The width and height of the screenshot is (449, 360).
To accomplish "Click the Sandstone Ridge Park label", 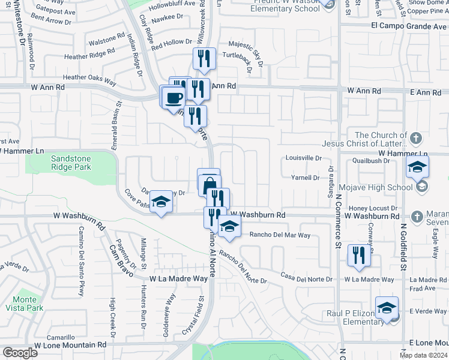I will [x=71, y=164].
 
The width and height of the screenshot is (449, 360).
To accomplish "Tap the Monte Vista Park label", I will [x=26, y=303].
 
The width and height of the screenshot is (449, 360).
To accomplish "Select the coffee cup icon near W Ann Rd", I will [x=173, y=97].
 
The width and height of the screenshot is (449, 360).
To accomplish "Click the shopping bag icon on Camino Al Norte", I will [x=209, y=184].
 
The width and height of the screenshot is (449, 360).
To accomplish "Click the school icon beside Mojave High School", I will [x=417, y=168].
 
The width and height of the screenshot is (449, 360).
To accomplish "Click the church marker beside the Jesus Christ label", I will [x=417, y=139].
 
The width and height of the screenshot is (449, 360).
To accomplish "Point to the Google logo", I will [x=20, y=353].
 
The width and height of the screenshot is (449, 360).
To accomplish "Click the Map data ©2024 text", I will [x=423, y=355].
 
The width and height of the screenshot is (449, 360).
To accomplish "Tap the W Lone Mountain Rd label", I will [x=70, y=345].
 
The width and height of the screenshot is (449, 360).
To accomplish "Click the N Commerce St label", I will [x=339, y=223].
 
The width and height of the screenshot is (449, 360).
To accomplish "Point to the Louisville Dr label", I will [x=304, y=158].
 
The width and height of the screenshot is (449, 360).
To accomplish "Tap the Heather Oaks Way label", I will [x=89, y=77].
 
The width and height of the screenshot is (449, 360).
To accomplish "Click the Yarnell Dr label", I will [x=305, y=178].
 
